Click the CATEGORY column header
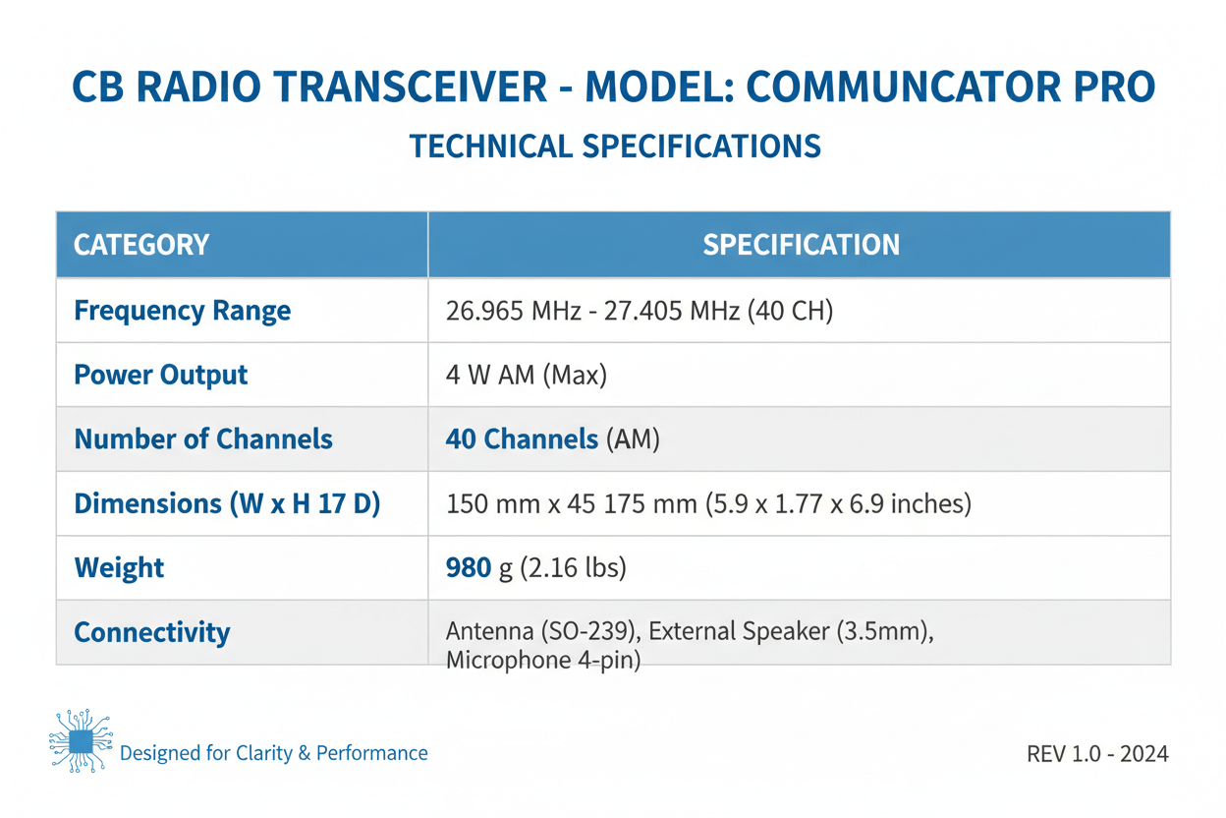coord(141,245)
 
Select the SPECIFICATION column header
coord(801,245)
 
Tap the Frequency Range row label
coord(183,311)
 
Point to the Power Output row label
coord(161,375)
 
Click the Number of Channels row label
coord(203,438)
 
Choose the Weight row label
coord(119,567)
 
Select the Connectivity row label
coord(152,631)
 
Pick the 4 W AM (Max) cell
coord(526,375)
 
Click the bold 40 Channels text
coord(522,438)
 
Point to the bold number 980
coord(469,567)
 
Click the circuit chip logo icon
coord(81,740)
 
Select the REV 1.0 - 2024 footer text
coord(1097,754)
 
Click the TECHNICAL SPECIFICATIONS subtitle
coord(614,146)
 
